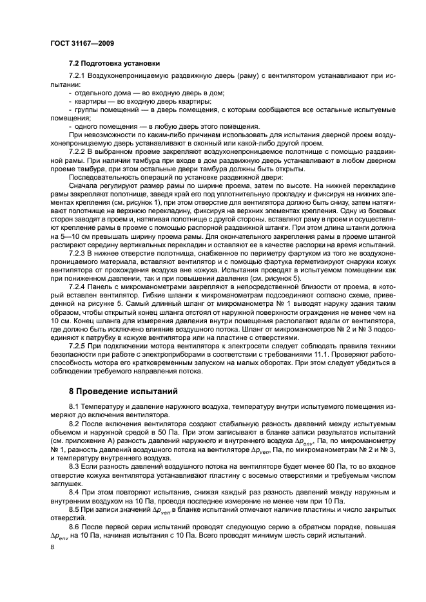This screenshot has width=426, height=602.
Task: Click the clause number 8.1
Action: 74,406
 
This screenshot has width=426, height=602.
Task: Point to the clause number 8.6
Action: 74,527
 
